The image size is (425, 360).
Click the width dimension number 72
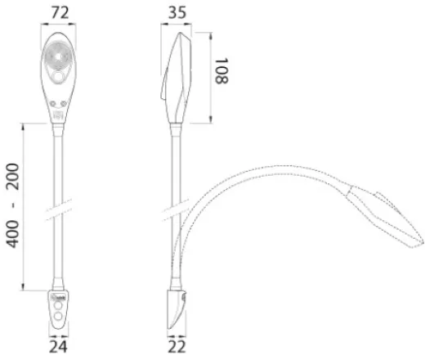(x=59, y=13)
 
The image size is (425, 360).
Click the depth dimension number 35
(x=180, y=13)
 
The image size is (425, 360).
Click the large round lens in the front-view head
(x=59, y=61)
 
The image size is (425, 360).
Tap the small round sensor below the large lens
(x=59, y=80)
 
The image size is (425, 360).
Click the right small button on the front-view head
(x=65, y=104)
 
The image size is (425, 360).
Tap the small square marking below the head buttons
(x=59, y=115)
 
